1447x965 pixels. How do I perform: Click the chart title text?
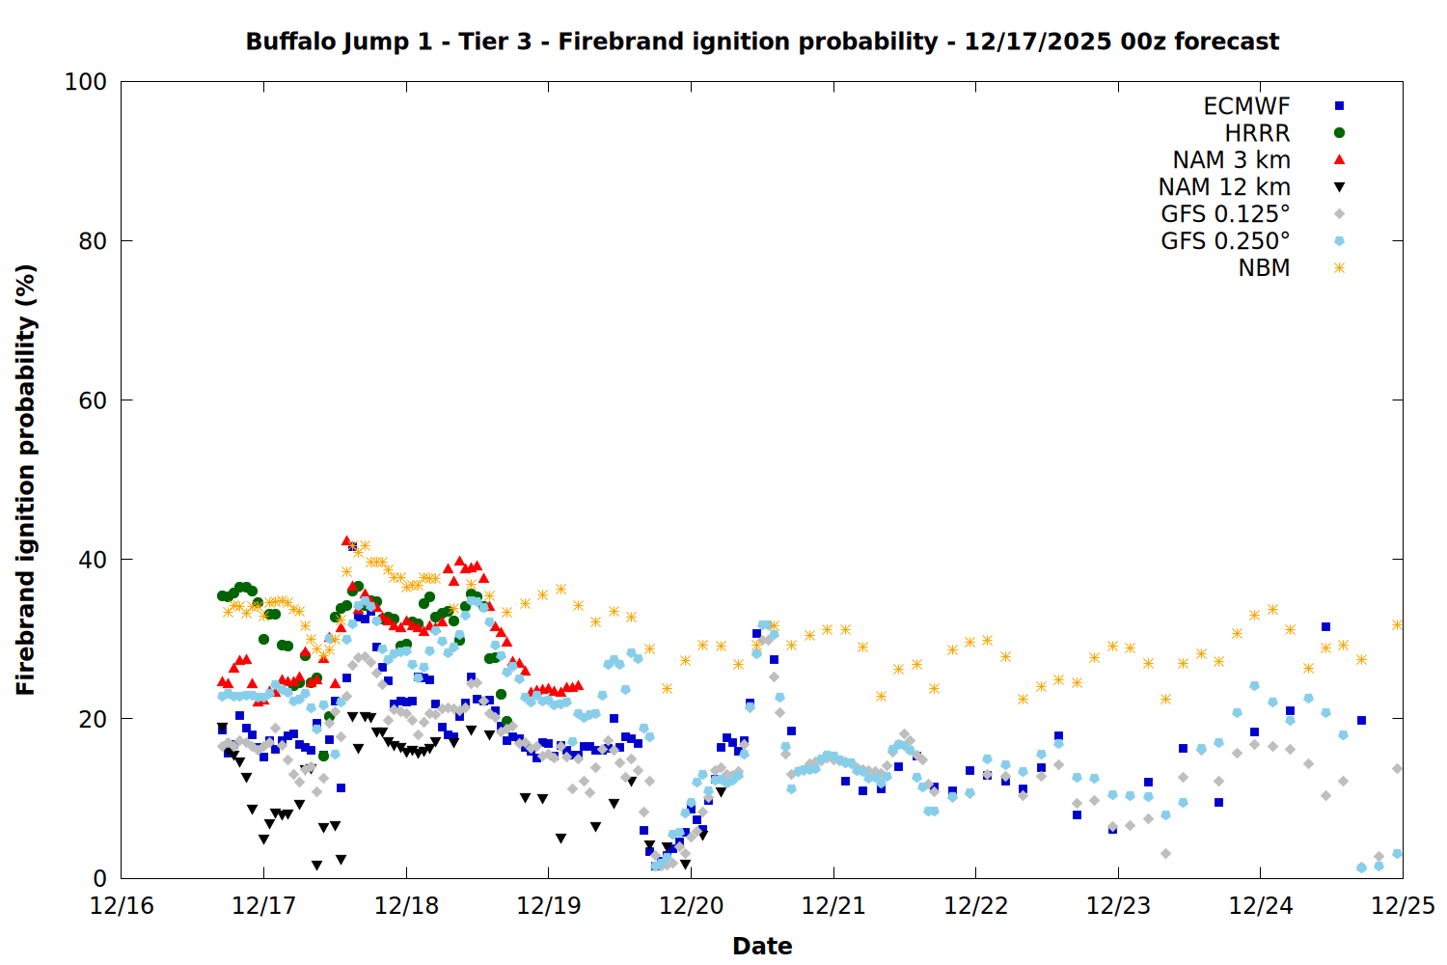tap(762, 41)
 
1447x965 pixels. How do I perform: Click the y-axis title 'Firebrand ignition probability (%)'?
tap(25, 480)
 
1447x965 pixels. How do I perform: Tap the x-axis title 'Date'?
tap(762, 946)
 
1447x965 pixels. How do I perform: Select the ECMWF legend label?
tap(1246, 106)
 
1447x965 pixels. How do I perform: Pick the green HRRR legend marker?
tap(1339, 133)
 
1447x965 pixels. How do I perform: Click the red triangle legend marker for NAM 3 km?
tap(1339, 160)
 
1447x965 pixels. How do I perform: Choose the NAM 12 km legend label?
tap(1224, 187)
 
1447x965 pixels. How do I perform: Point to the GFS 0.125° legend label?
tap(1225, 214)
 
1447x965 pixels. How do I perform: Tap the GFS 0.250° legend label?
tap(1225, 241)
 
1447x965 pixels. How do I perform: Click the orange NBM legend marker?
tap(1339, 268)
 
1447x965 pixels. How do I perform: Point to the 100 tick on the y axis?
tap(86, 82)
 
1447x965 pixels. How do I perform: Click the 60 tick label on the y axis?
tap(92, 400)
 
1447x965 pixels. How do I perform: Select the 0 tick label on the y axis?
tap(99, 878)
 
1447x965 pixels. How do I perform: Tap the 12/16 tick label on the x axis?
tap(122, 906)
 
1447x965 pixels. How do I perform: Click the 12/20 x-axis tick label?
tap(692, 906)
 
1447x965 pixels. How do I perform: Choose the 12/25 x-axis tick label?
tap(1403, 906)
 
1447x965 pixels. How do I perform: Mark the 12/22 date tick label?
tap(976, 906)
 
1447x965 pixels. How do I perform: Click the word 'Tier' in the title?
tap(495, 41)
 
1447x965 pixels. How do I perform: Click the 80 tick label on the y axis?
tap(92, 241)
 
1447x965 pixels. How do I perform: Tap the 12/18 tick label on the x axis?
tap(406, 906)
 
